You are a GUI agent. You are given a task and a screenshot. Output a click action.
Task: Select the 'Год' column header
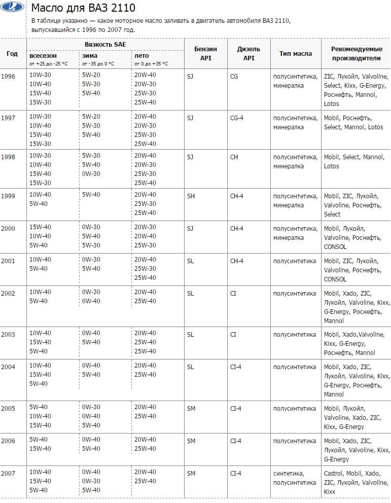click(12, 54)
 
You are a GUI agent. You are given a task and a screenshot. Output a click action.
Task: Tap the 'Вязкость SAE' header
click(105, 45)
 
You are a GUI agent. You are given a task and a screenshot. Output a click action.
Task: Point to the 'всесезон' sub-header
click(43, 56)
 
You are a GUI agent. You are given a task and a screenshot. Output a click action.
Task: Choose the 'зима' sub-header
click(90, 56)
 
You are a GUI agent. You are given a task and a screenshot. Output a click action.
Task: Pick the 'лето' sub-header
click(141, 56)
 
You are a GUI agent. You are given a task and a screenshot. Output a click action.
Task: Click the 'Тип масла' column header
click(295, 54)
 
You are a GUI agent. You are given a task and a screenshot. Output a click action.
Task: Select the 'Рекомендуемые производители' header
click(356, 54)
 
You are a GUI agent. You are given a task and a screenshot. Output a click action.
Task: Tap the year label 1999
click(8, 195)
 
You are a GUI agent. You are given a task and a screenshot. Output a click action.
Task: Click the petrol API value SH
click(191, 195)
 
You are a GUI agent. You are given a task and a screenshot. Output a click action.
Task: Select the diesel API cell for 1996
click(234, 76)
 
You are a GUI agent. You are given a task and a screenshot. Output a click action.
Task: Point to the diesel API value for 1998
click(234, 157)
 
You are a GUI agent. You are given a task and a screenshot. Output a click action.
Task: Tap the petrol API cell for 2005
click(191, 408)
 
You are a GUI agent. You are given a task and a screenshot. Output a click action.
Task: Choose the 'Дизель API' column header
click(248, 54)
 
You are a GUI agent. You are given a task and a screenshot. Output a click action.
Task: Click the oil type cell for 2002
click(294, 293)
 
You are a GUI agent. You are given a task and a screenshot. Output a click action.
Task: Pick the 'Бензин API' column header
click(205, 54)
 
